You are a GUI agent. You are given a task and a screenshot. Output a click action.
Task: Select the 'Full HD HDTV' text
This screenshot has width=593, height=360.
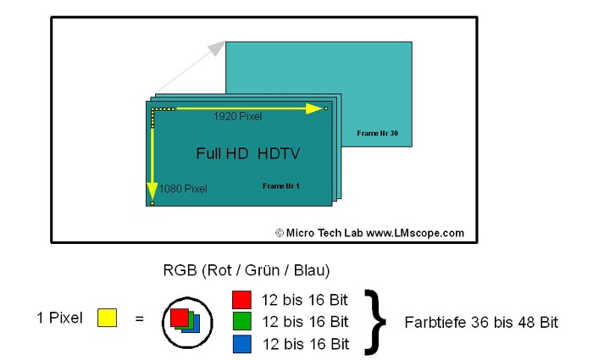click(x=248, y=153)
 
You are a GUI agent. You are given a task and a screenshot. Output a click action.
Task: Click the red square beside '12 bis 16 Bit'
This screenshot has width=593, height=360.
click(x=241, y=299)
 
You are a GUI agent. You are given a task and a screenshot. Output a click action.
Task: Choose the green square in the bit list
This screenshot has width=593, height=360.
click(x=241, y=322)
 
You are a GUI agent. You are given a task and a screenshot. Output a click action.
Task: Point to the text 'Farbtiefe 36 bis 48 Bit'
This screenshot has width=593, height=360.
click(x=481, y=323)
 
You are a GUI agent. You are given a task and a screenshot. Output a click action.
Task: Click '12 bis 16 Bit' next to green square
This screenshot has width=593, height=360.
click(x=305, y=322)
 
